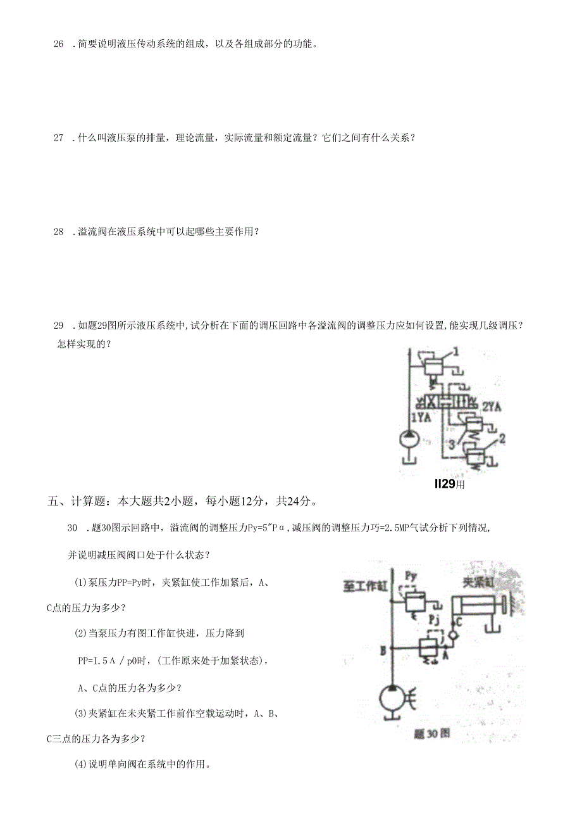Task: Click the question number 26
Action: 59,44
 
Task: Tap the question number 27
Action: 59,137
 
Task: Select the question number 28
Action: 59,232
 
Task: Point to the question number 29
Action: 59,326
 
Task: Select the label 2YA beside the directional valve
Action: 492,408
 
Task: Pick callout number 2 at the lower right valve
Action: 502,438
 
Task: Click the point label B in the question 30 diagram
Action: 383,650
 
